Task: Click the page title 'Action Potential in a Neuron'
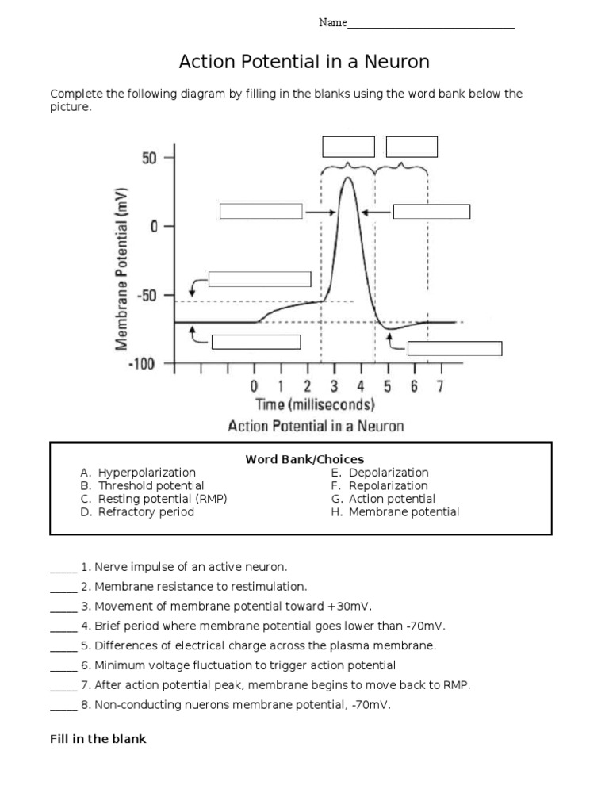click(304, 62)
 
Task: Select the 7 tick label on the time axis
click(439, 386)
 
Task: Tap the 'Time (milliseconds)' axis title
click(315, 405)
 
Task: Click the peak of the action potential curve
click(347, 177)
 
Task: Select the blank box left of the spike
click(260, 211)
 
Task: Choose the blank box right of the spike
click(431, 211)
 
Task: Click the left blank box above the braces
click(347, 147)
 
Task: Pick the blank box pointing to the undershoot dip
click(454, 348)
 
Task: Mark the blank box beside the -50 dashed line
click(259, 278)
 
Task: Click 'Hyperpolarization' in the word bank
click(147, 473)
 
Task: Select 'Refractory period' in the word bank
click(146, 512)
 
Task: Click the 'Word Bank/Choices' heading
click(304, 459)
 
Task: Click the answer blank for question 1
click(63, 568)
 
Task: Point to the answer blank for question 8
click(63, 705)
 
